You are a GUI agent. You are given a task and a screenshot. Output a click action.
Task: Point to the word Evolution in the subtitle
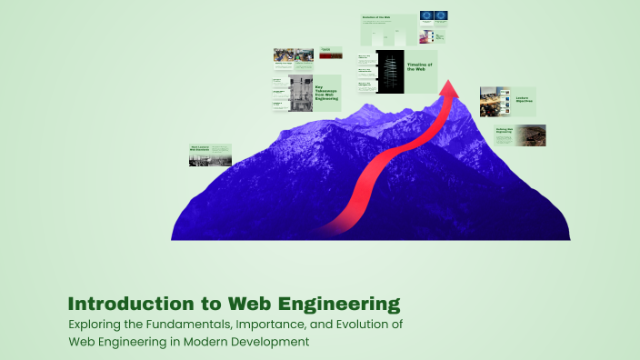point(353,325)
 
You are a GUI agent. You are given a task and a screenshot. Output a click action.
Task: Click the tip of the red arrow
point(448,82)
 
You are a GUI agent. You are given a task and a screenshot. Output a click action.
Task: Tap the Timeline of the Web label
point(419,68)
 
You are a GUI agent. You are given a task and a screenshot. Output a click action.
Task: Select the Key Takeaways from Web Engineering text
point(326,93)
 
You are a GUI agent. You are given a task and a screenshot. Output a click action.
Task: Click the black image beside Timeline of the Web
point(390,71)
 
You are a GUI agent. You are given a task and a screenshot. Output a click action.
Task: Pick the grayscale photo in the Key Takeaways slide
point(301,93)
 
